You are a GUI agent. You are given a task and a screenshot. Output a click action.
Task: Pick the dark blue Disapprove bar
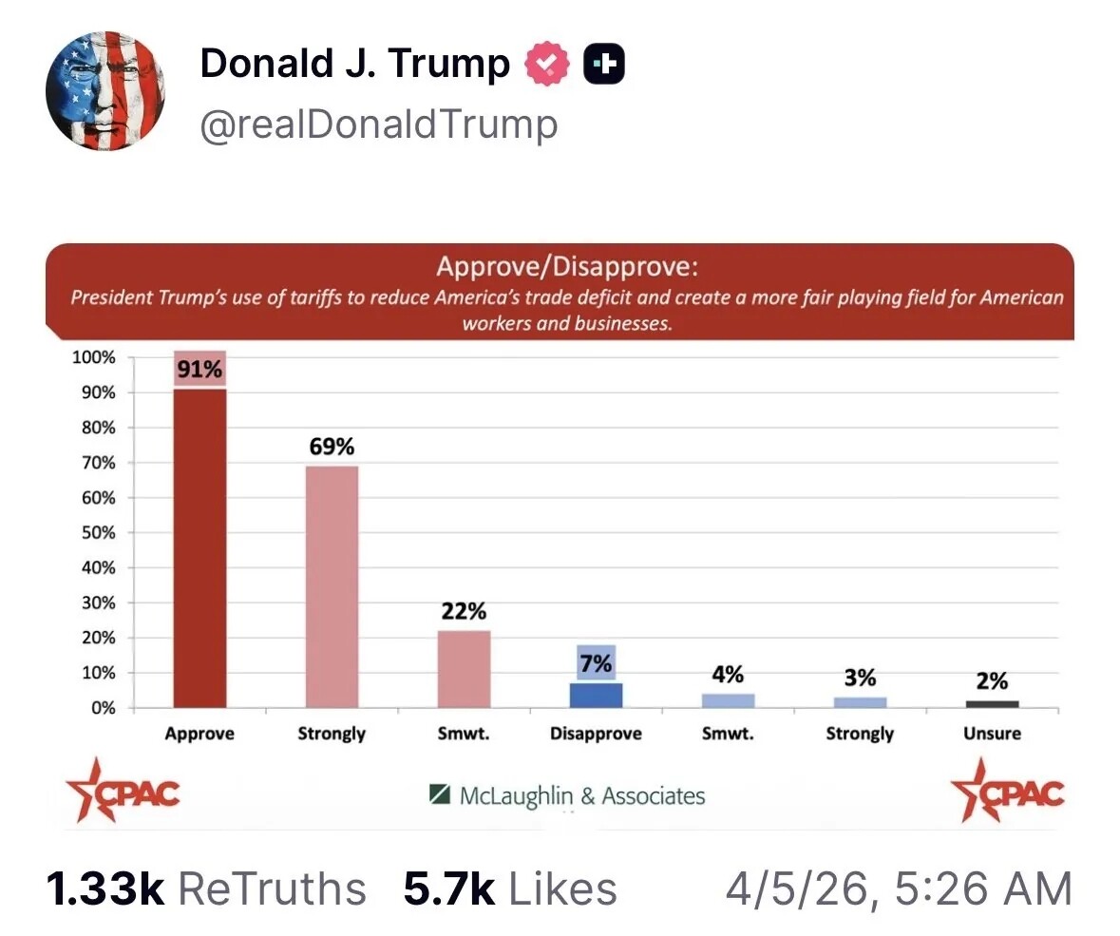596,695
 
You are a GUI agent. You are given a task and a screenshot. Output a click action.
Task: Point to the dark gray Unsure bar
992,704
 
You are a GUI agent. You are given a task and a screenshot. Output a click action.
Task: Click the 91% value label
199,370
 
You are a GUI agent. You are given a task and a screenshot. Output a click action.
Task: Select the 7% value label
596,664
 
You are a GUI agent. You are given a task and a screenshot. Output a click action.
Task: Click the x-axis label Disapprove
596,734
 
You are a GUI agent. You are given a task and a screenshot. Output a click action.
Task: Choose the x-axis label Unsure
992,734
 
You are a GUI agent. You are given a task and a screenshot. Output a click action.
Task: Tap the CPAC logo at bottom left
122,790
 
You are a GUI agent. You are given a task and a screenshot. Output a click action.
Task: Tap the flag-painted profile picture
105,91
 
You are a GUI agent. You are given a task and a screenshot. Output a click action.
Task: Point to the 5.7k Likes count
510,889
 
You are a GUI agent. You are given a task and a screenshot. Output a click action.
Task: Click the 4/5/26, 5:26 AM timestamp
899,889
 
